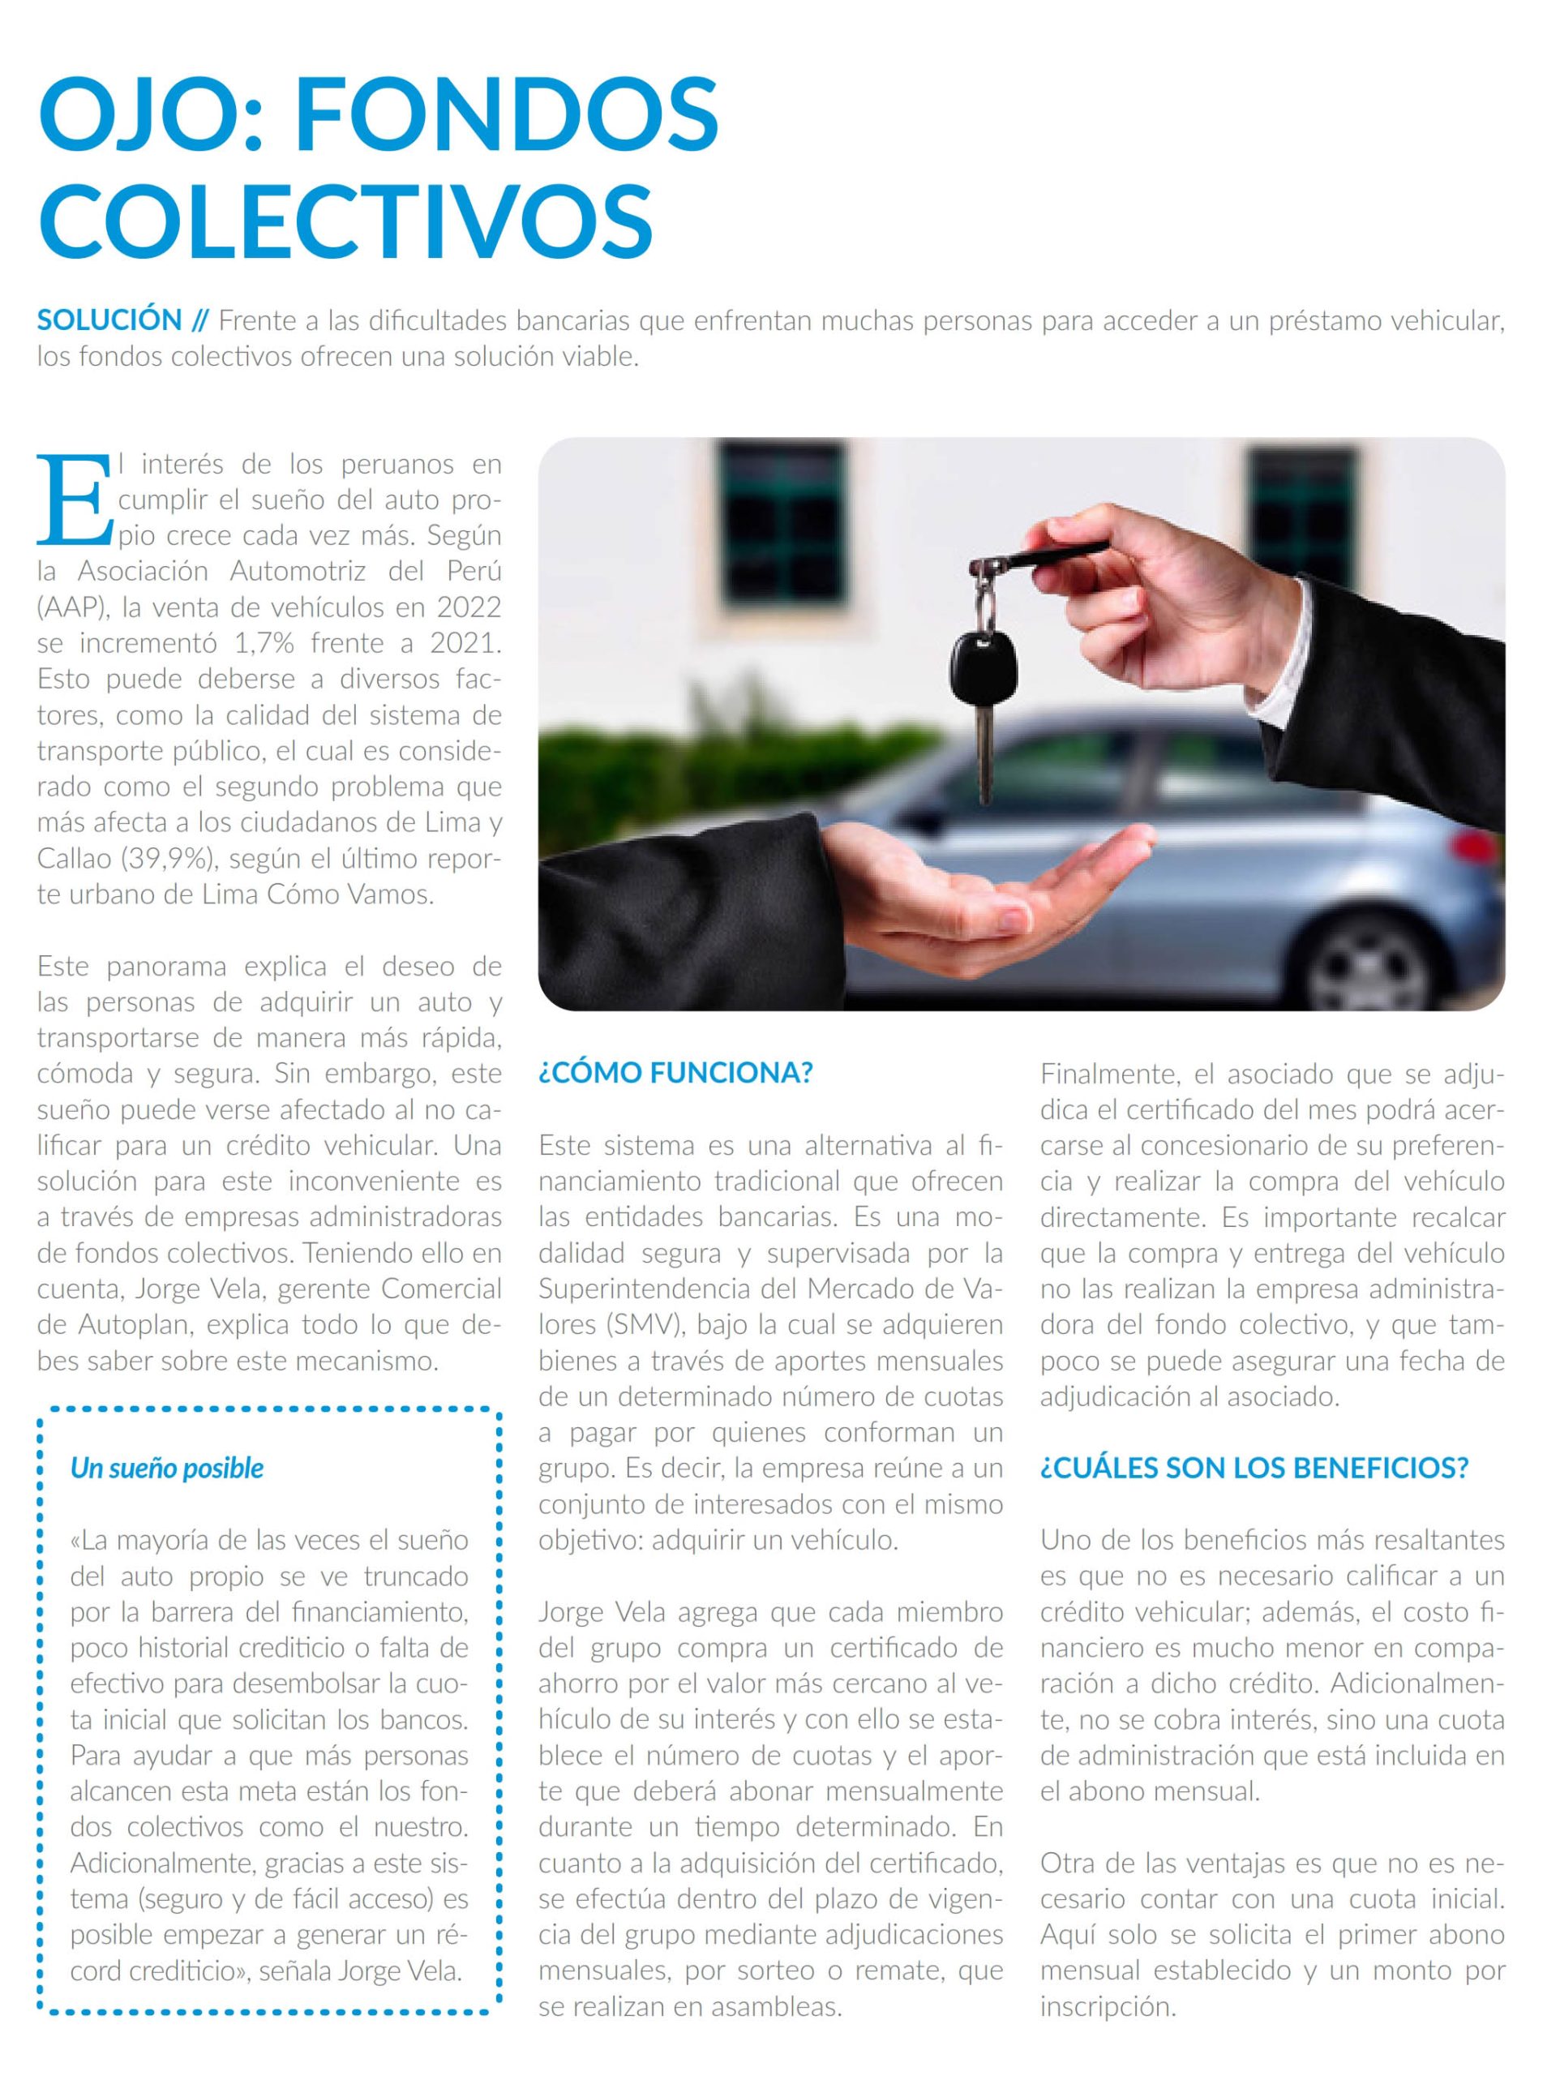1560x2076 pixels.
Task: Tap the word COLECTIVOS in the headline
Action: [345, 221]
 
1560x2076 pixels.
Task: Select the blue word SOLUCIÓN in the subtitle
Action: [109, 320]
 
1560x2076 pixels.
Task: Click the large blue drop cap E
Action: [73, 499]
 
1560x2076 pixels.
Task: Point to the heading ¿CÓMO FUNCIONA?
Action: [675, 1073]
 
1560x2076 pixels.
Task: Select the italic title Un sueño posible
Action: [167, 1468]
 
